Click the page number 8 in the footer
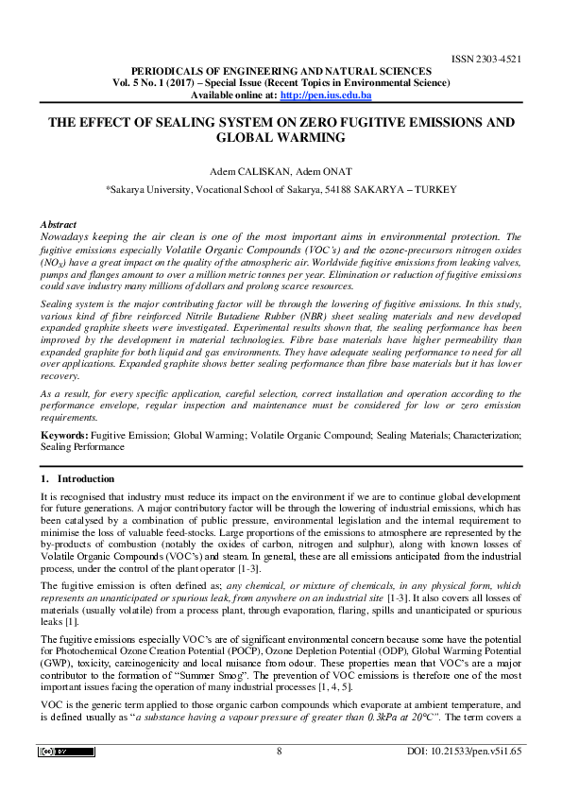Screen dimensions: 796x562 point(280,752)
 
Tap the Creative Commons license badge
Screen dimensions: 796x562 point(66,752)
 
